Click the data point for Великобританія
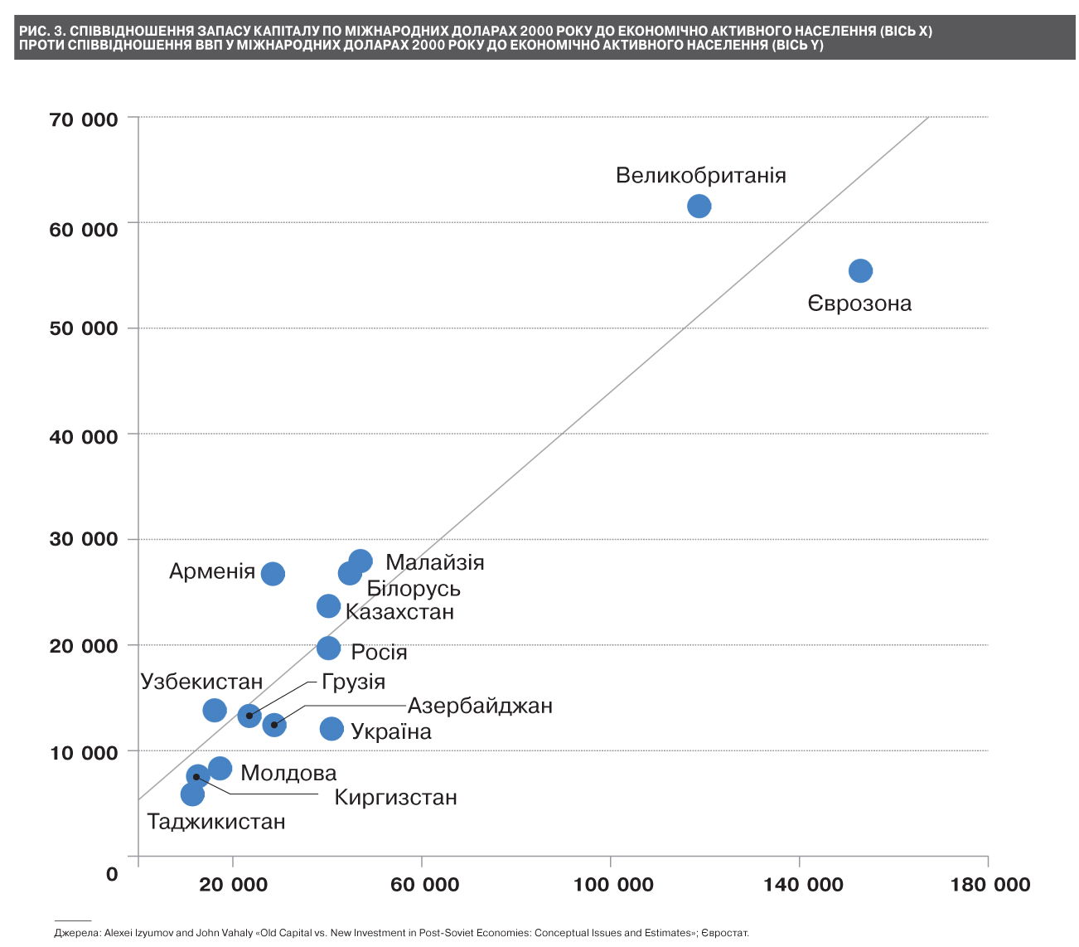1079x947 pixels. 699,206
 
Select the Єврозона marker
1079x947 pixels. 860,271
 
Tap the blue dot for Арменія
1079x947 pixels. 273,574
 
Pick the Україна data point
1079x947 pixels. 331,729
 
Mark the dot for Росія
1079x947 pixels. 328,648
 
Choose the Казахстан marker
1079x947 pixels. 328,606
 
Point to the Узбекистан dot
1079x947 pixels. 215,710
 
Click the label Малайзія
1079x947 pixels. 434,562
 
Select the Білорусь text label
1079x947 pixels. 414,589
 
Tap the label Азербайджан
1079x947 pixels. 480,706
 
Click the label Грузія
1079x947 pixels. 353,682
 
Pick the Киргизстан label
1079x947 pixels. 395,798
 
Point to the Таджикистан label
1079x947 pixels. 216,822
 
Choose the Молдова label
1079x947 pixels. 288,773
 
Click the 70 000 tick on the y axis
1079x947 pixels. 84,120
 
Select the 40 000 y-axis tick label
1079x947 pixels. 84,436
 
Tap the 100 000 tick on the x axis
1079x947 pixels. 613,885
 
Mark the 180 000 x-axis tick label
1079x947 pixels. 990,885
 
